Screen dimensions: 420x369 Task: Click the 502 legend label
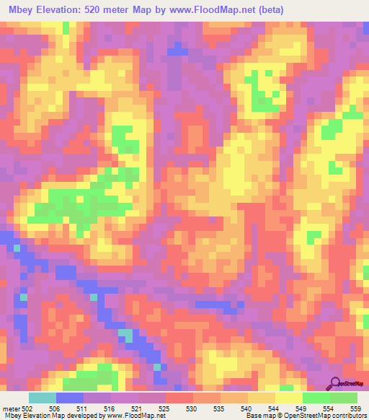coord(27,408)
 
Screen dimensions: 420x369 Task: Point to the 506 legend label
coord(56,408)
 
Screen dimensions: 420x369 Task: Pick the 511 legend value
coord(84,408)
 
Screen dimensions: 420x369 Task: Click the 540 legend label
coord(247,408)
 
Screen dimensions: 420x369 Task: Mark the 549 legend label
coord(302,408)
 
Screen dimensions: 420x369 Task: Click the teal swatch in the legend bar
coord(43,398)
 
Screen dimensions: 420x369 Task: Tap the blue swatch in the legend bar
coord(70,398)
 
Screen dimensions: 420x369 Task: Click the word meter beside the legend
coord(10,408)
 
